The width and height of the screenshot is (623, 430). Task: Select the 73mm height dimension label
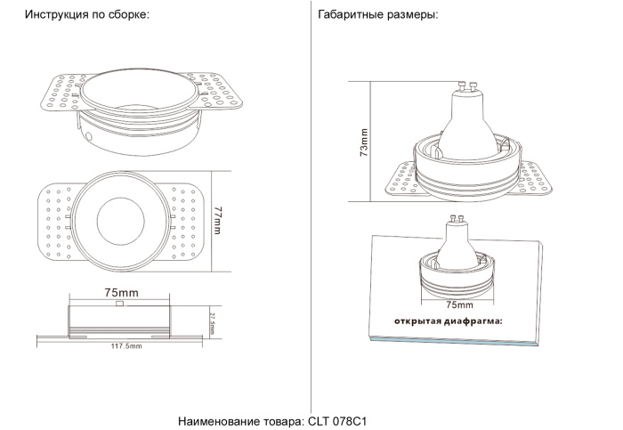coord(363,142)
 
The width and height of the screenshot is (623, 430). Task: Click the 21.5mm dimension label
coord(212,319)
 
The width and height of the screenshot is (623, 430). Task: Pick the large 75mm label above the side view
coord(121,292)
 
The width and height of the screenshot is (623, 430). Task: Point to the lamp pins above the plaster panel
coord(458,218)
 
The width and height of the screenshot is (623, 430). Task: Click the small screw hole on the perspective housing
coord(91,137)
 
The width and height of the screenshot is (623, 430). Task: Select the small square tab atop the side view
coord(120,304)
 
